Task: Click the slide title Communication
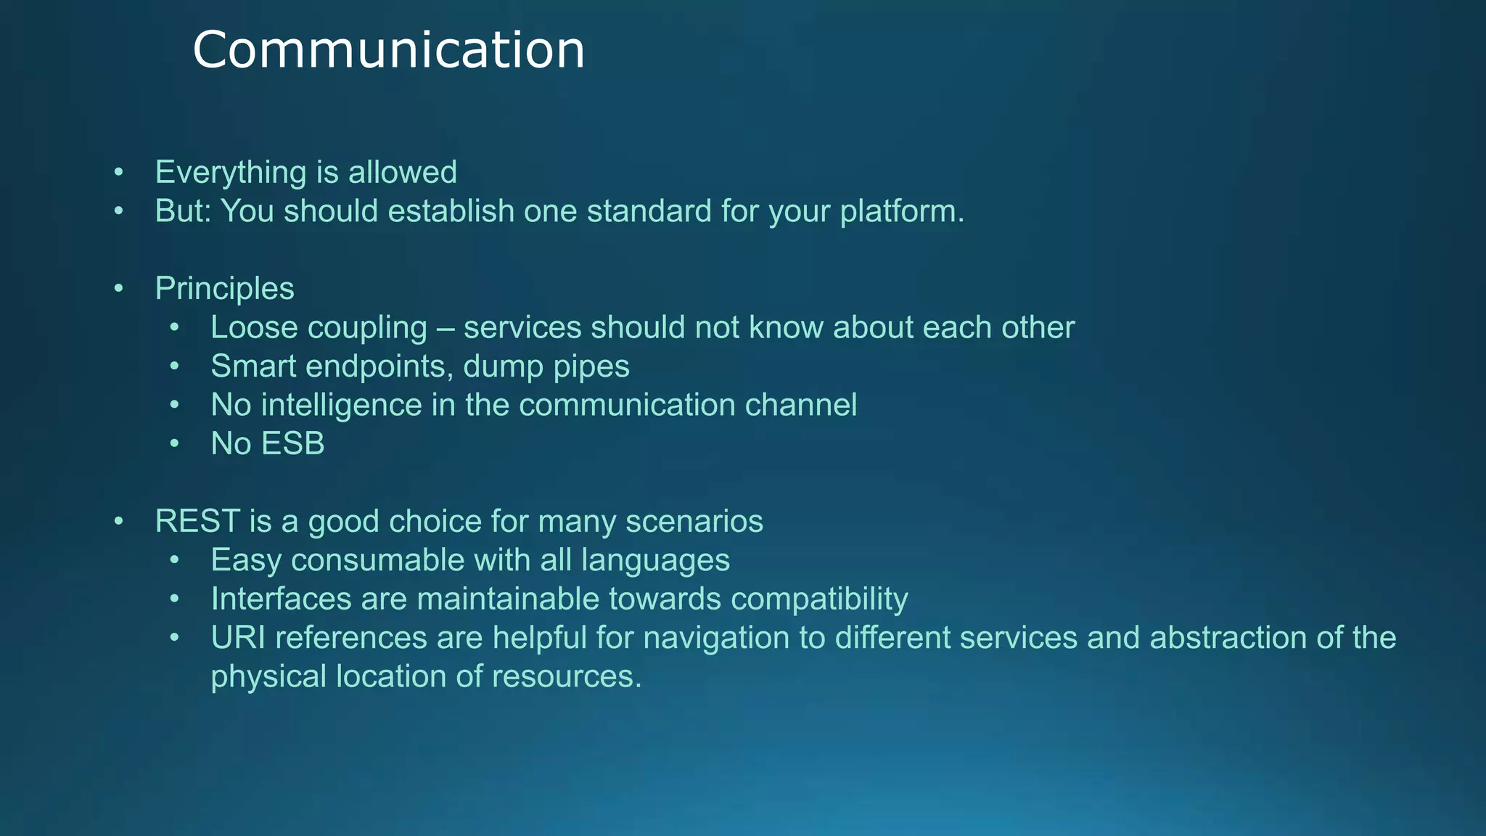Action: (388, 50)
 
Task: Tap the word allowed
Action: (402, 173)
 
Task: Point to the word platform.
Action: (902, 211)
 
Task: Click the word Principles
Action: (224, 289)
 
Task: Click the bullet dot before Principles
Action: (119, 289)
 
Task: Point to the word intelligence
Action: (341, 405)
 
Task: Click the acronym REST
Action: (197, 522)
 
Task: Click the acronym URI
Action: (237, 638)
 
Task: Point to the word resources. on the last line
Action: (567, 676)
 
